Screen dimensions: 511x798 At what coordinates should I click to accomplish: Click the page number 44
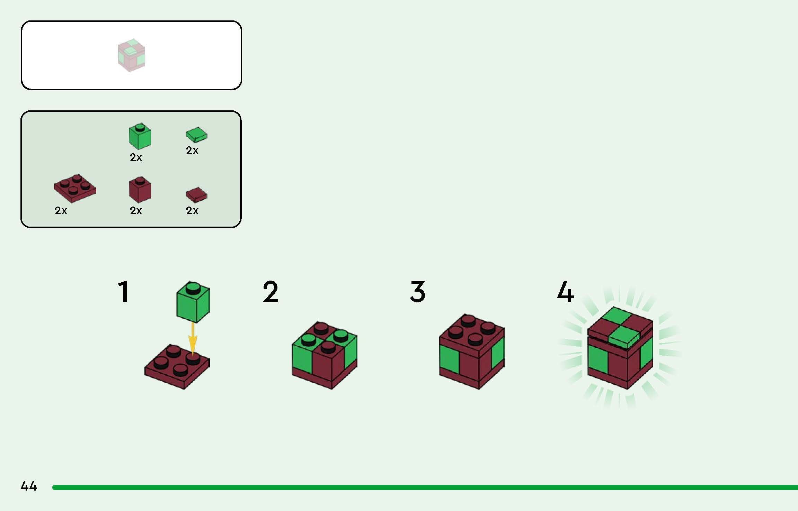29,486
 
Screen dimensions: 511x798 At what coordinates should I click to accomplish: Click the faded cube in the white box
131,55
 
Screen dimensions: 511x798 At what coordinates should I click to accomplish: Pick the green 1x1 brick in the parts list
140,136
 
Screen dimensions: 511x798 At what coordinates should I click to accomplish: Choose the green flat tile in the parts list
196,135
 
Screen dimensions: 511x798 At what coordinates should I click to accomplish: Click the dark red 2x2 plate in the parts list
75,188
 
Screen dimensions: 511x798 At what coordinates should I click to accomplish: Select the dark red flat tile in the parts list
196,194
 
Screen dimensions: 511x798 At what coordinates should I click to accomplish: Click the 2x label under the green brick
136,157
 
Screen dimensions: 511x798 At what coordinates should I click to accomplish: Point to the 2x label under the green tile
192,150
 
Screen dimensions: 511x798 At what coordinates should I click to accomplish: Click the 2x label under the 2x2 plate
61,211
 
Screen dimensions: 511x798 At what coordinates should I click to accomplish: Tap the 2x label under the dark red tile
192,211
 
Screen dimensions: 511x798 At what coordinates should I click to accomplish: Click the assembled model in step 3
471,351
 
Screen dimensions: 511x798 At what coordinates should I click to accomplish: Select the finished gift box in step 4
620,348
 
